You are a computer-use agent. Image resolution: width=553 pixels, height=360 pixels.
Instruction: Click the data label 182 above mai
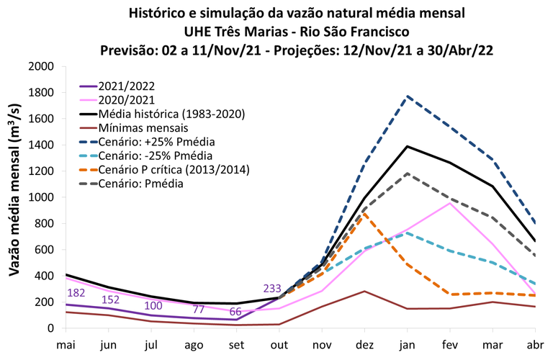coord(77,293)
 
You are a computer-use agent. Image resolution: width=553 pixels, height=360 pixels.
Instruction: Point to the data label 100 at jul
coord(153,305)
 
